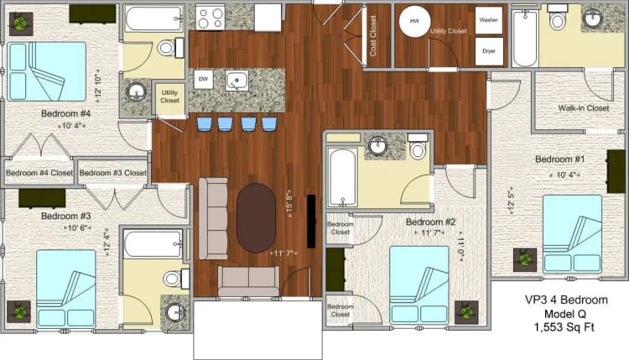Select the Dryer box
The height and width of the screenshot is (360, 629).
(x=488, y=50)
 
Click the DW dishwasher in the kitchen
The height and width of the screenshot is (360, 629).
(x=202, y=79)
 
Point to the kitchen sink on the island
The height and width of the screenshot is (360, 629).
(x=237, y=81)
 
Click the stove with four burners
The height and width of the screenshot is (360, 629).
(x=210, y=17)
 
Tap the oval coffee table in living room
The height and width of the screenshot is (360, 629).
(x=256, y=218)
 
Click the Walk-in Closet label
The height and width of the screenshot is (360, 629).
(x=584, y=107)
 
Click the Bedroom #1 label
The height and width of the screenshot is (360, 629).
(x=560, y=159)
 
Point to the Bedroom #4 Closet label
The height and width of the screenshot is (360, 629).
(x=39, y=173)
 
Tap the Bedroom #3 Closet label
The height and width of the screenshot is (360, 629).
(x=112, y=173)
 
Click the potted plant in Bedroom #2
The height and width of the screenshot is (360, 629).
(x=467, y=313)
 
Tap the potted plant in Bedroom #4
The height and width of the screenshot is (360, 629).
(x=18, y=23)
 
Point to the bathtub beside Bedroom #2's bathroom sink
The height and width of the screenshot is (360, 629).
(x=343, y=176)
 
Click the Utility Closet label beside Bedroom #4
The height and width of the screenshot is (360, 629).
(x=169, y=97)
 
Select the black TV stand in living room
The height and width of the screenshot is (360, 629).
(x=312, y=221)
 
